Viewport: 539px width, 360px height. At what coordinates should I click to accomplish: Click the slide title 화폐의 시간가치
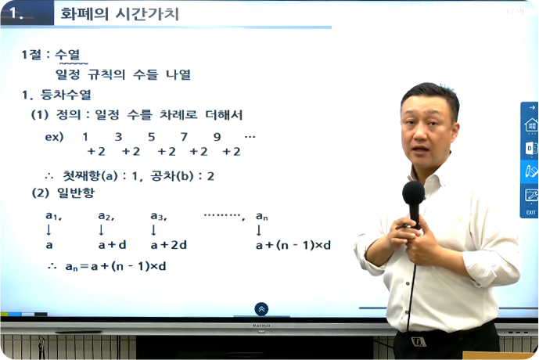(120, 14)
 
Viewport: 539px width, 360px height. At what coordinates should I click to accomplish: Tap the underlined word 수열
(67, 54)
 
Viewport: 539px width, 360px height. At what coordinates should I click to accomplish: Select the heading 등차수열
(66, 95)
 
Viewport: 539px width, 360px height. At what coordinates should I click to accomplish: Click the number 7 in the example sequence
(185, 137)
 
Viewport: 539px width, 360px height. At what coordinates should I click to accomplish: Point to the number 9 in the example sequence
(217, 137)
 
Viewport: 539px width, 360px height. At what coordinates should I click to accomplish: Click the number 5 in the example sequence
(151, 137)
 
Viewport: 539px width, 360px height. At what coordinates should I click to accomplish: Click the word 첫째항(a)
(91, 176)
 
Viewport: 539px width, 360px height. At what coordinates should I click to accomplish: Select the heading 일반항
(76, 193)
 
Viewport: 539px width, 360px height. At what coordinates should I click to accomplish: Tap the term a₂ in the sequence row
(106, 216)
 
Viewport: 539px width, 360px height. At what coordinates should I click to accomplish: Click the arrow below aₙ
(259, 230)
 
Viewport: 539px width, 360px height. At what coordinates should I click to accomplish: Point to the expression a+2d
(168, 245)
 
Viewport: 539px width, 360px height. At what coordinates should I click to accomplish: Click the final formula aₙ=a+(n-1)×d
(116, 266)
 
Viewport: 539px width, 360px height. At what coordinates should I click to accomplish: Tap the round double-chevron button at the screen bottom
(261, 309)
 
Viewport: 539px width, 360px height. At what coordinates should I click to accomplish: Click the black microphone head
(414, 193)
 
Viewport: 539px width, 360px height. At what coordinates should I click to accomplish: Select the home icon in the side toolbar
(531, 124)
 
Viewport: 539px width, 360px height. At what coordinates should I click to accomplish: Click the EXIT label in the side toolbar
(530, 213)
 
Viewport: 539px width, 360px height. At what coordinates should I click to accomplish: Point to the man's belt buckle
(419, 341)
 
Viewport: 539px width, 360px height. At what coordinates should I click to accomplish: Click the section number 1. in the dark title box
(16, 13)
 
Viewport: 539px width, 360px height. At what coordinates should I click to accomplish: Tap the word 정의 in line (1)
(68, 115)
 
